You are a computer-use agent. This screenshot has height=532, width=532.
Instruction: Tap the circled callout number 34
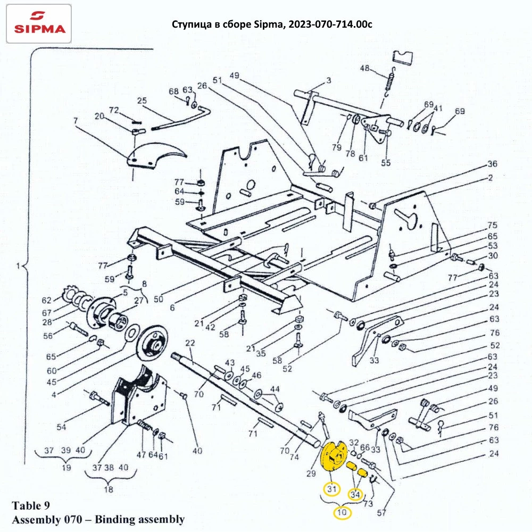(x=355, y=495)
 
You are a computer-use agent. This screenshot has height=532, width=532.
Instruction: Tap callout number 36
(x=492, y=163)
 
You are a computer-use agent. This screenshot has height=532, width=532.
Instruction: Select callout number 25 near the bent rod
(x=142, y=101)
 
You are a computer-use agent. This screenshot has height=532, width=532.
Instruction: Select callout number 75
(x=492, y=225)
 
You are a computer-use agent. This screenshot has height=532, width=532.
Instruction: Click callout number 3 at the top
(x=328, y=80)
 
